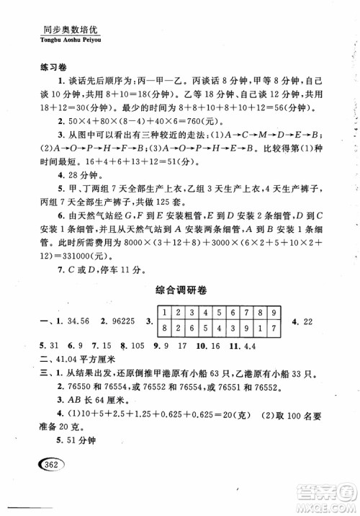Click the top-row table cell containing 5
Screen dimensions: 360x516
point(220,313)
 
